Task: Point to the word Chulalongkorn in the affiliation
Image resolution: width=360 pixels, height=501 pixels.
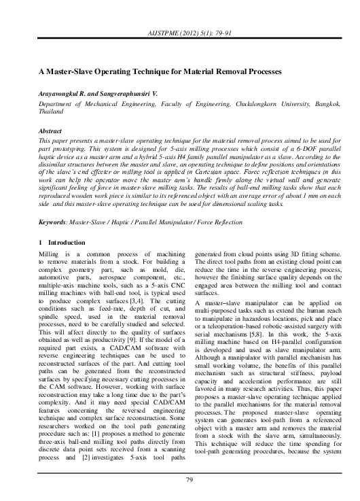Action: click(251, 105)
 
